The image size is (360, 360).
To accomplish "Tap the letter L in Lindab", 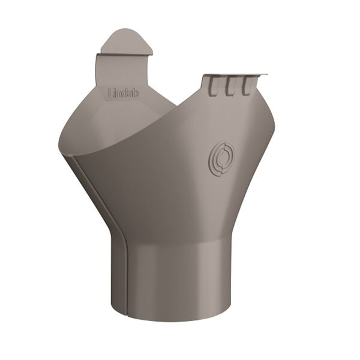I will pos(110,93).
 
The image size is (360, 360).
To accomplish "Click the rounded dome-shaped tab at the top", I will pos(126,41).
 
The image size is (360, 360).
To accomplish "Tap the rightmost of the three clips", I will pos(245,87).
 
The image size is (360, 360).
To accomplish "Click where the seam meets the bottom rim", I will pos(128,314).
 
